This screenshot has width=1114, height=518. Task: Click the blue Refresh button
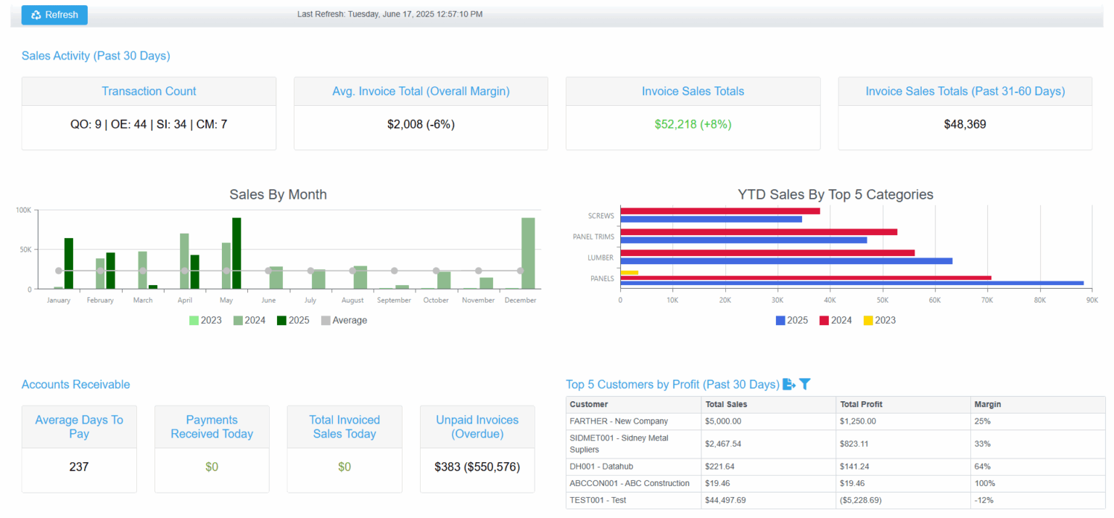[54, 15]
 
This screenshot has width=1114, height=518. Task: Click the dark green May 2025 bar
[236, 253]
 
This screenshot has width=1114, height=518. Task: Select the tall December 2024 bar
[528, 253]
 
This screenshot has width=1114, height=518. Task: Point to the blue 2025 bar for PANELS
[851, 284]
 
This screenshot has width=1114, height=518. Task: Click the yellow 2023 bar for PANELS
[629, 273]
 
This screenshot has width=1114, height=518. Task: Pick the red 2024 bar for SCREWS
[720, 211]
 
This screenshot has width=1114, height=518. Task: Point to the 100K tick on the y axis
[24, 210]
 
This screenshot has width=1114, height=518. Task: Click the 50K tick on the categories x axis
[882, 300]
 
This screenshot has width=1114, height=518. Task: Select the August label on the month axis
[352, 300]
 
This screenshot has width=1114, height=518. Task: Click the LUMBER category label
[601, 258]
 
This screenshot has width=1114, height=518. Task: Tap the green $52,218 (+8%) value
[693, 125]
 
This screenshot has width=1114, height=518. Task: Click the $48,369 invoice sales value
[965, 125]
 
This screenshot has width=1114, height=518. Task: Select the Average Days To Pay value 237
[79, 467]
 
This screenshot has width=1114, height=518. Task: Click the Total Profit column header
[861, 405]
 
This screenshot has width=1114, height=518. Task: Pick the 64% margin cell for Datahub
[983, 466]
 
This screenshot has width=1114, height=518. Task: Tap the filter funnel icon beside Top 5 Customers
[804, 385]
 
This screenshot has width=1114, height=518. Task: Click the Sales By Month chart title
[278, 194]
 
